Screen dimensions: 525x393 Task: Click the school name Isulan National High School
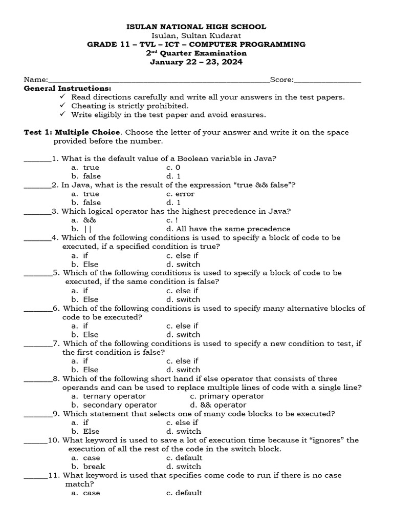pyautogui.click(x=196, y=27)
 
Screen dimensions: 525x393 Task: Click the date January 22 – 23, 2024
pyautogui.click(x=196, y=62)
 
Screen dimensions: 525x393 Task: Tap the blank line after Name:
pyautogui.click(x=159, y=81)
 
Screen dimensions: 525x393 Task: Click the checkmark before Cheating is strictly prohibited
pyautogui.click(x=62, y=106)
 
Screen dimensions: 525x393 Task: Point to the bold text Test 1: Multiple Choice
pyautogui.click(x=72, y=132)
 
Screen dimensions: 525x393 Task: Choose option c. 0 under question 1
pyautogui.click(x=173, y=168)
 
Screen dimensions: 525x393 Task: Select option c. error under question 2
pyautogui.click(x=180, y=194)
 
